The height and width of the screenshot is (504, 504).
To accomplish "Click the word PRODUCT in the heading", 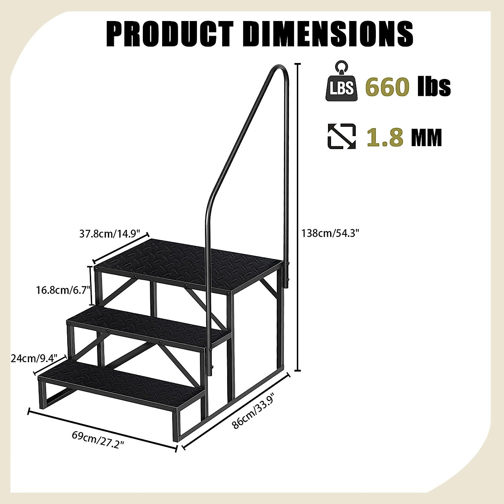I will coord(170,33).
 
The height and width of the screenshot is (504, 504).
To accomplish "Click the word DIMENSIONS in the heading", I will coord(328,33).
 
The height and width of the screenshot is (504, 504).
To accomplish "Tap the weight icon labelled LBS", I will coord(340,86).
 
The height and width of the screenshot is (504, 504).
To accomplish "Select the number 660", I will coord(387,87).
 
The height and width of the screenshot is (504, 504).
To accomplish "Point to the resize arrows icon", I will coord(341,136).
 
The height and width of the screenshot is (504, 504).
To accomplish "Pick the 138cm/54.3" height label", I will coord(331,233).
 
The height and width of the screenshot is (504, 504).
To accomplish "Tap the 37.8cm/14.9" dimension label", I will coord(114,234).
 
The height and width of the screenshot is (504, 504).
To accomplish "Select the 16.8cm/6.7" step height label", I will coord(62,290).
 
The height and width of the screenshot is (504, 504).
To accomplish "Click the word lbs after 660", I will coord(434,87).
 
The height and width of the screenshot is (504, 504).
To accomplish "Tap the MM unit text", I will coord(427,137).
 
